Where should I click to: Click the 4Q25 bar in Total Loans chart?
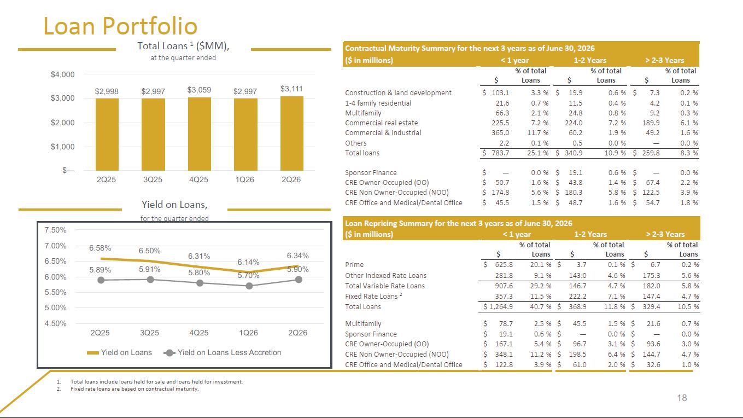point(200,134)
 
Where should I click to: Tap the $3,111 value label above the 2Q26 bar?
point(291,89)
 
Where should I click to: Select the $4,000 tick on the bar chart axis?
point(63,74)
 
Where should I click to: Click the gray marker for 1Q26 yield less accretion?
point(249,286)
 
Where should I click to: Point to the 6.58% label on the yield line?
point(100,248)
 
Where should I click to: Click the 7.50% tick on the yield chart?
point(55,230)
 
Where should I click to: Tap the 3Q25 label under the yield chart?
point(150,333)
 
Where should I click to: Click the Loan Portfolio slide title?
point(120,26)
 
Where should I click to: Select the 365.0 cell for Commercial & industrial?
point(500,133)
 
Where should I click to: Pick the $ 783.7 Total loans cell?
point(496,153)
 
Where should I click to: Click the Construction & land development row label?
point(398,92)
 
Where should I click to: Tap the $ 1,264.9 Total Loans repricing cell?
point(498,307)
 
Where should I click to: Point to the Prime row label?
point(354,265)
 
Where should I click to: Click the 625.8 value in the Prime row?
point(504,265)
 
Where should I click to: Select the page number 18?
point(682,398)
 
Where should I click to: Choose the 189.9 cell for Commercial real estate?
point(651,123)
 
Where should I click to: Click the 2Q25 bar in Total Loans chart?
point(107,135)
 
